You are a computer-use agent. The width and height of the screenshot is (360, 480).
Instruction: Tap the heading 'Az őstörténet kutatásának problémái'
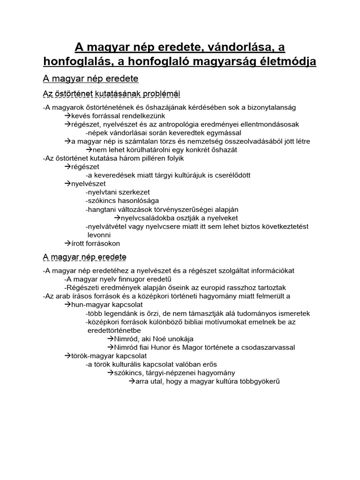coord(112,94)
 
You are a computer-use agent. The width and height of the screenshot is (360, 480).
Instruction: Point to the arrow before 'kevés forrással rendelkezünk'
coord(67,116)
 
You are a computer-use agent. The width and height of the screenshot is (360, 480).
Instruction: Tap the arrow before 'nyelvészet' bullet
coord(67,184)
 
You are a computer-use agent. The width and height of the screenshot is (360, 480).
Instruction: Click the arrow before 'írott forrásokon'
coord(67,243)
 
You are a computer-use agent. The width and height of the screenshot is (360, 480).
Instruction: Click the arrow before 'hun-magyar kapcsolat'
coord(67,305)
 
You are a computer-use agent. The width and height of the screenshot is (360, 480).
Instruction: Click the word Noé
coord(161,339)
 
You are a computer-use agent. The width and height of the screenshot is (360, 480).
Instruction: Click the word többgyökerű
coord(257,382)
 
